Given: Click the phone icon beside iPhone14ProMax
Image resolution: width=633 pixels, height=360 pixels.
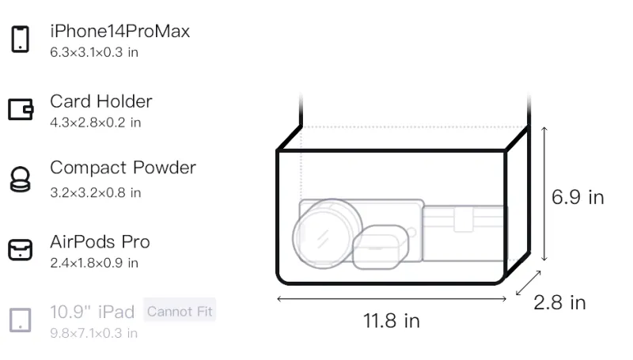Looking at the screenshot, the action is coord(21,39).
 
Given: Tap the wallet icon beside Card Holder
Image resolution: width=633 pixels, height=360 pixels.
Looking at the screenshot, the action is coord(21,109).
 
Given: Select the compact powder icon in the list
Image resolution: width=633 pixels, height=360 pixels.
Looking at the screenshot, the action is coord(21,179).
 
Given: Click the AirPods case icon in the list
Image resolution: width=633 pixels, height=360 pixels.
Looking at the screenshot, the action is coord(21,249).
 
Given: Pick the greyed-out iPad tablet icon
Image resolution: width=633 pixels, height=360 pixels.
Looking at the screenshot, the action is coord(21,320).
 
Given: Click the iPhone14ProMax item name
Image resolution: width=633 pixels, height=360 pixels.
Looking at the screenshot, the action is coord(120,31).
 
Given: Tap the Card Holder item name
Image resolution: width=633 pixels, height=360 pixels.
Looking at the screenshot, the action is coord(101,101).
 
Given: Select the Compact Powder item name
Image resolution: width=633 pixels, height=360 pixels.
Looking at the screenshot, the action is coord(123,168).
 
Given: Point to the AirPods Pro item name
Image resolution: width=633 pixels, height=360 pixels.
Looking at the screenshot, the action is coord(100,242).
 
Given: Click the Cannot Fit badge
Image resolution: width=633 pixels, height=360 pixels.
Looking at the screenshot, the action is coord(180,311).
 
